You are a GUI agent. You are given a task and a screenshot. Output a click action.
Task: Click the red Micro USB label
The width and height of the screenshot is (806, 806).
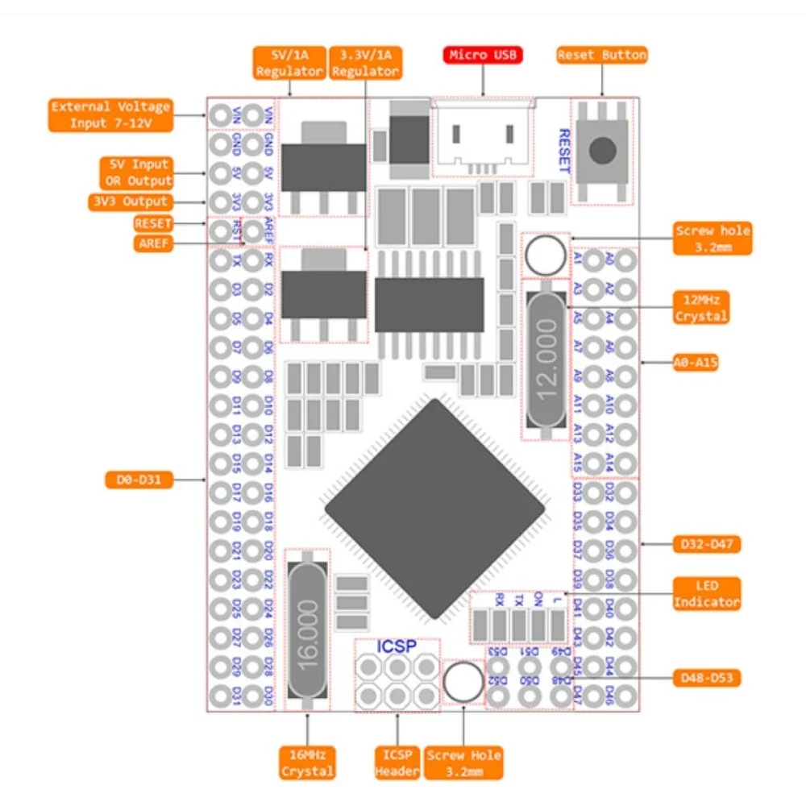click(x=483, y=55)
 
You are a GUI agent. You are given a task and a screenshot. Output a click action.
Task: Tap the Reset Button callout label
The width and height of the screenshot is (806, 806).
click(x=602, y=55)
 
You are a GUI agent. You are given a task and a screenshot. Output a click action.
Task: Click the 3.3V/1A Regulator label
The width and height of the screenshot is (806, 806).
click(x=365, y=63)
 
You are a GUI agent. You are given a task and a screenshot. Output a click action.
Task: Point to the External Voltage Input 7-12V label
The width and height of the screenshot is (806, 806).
click(x=110, y=114)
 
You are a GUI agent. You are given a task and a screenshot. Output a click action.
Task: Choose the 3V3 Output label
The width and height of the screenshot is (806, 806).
click(x=129, y=201)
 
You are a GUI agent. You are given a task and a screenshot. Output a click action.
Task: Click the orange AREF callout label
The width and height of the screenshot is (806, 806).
click(x=153, y=243)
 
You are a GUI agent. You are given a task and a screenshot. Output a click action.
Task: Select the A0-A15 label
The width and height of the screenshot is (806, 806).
click(x=696, y=363)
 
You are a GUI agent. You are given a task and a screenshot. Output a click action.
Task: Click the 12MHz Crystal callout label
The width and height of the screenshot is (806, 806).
click(x=700, y=308)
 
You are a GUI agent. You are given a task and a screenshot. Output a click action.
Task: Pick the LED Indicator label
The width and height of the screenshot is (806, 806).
click(x=706, y=593)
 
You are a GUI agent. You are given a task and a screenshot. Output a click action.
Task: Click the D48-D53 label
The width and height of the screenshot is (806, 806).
click(x=706, y=678)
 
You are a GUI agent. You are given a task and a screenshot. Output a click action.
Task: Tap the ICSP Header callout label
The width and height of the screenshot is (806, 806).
click(x=397, y=762)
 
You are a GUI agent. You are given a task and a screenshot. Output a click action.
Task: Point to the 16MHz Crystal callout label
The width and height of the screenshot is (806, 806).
click(x=307, y=762)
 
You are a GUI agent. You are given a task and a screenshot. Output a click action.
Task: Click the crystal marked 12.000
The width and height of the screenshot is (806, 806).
click(x=546, y=359)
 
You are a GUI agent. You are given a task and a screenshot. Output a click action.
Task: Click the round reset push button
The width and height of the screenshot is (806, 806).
click(x=603, y=150)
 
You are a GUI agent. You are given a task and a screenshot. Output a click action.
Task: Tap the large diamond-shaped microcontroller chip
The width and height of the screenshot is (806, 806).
click(x=435, y=509)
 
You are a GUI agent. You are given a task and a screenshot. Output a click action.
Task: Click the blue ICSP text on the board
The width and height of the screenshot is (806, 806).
click(x=397, y=646)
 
